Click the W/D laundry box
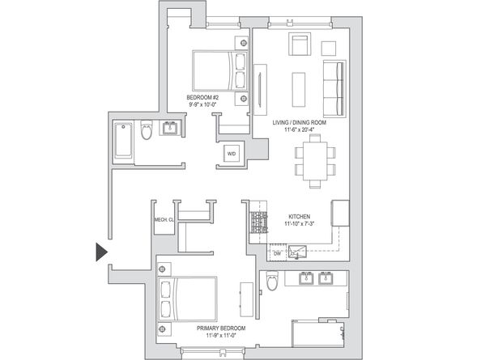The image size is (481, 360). coord(232,154)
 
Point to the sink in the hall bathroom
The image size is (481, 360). coord(171,128)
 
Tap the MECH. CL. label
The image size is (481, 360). coord(164,219)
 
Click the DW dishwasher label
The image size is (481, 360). coord(276,253)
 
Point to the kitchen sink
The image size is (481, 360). coord(299,252)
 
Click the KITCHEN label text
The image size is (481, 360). coord(301,216)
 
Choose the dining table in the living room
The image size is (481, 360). coord(313,159)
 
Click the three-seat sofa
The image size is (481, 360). coord(334,87)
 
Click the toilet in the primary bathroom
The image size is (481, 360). coord(271,282)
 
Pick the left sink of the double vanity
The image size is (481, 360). coord(306,280)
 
